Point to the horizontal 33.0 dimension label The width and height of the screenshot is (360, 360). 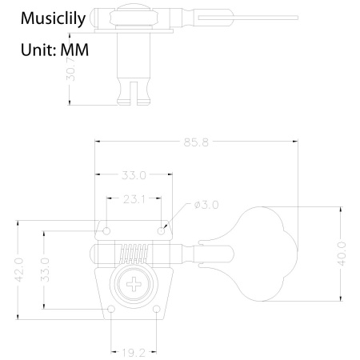tap(133, 175)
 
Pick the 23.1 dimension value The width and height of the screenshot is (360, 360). tap(133, 199)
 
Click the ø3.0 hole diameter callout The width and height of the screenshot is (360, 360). tap(206, 206)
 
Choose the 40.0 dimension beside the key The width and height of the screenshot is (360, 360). tap(342, 255)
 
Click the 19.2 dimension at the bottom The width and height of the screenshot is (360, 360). tap(133, 350)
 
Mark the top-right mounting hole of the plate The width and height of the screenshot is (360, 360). tap(162, 230)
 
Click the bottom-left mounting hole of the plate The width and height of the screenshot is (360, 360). tap(111, 308)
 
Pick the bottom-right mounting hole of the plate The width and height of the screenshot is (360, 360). tap(155, 308)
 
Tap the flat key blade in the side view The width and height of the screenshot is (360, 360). tap(232, 15)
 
